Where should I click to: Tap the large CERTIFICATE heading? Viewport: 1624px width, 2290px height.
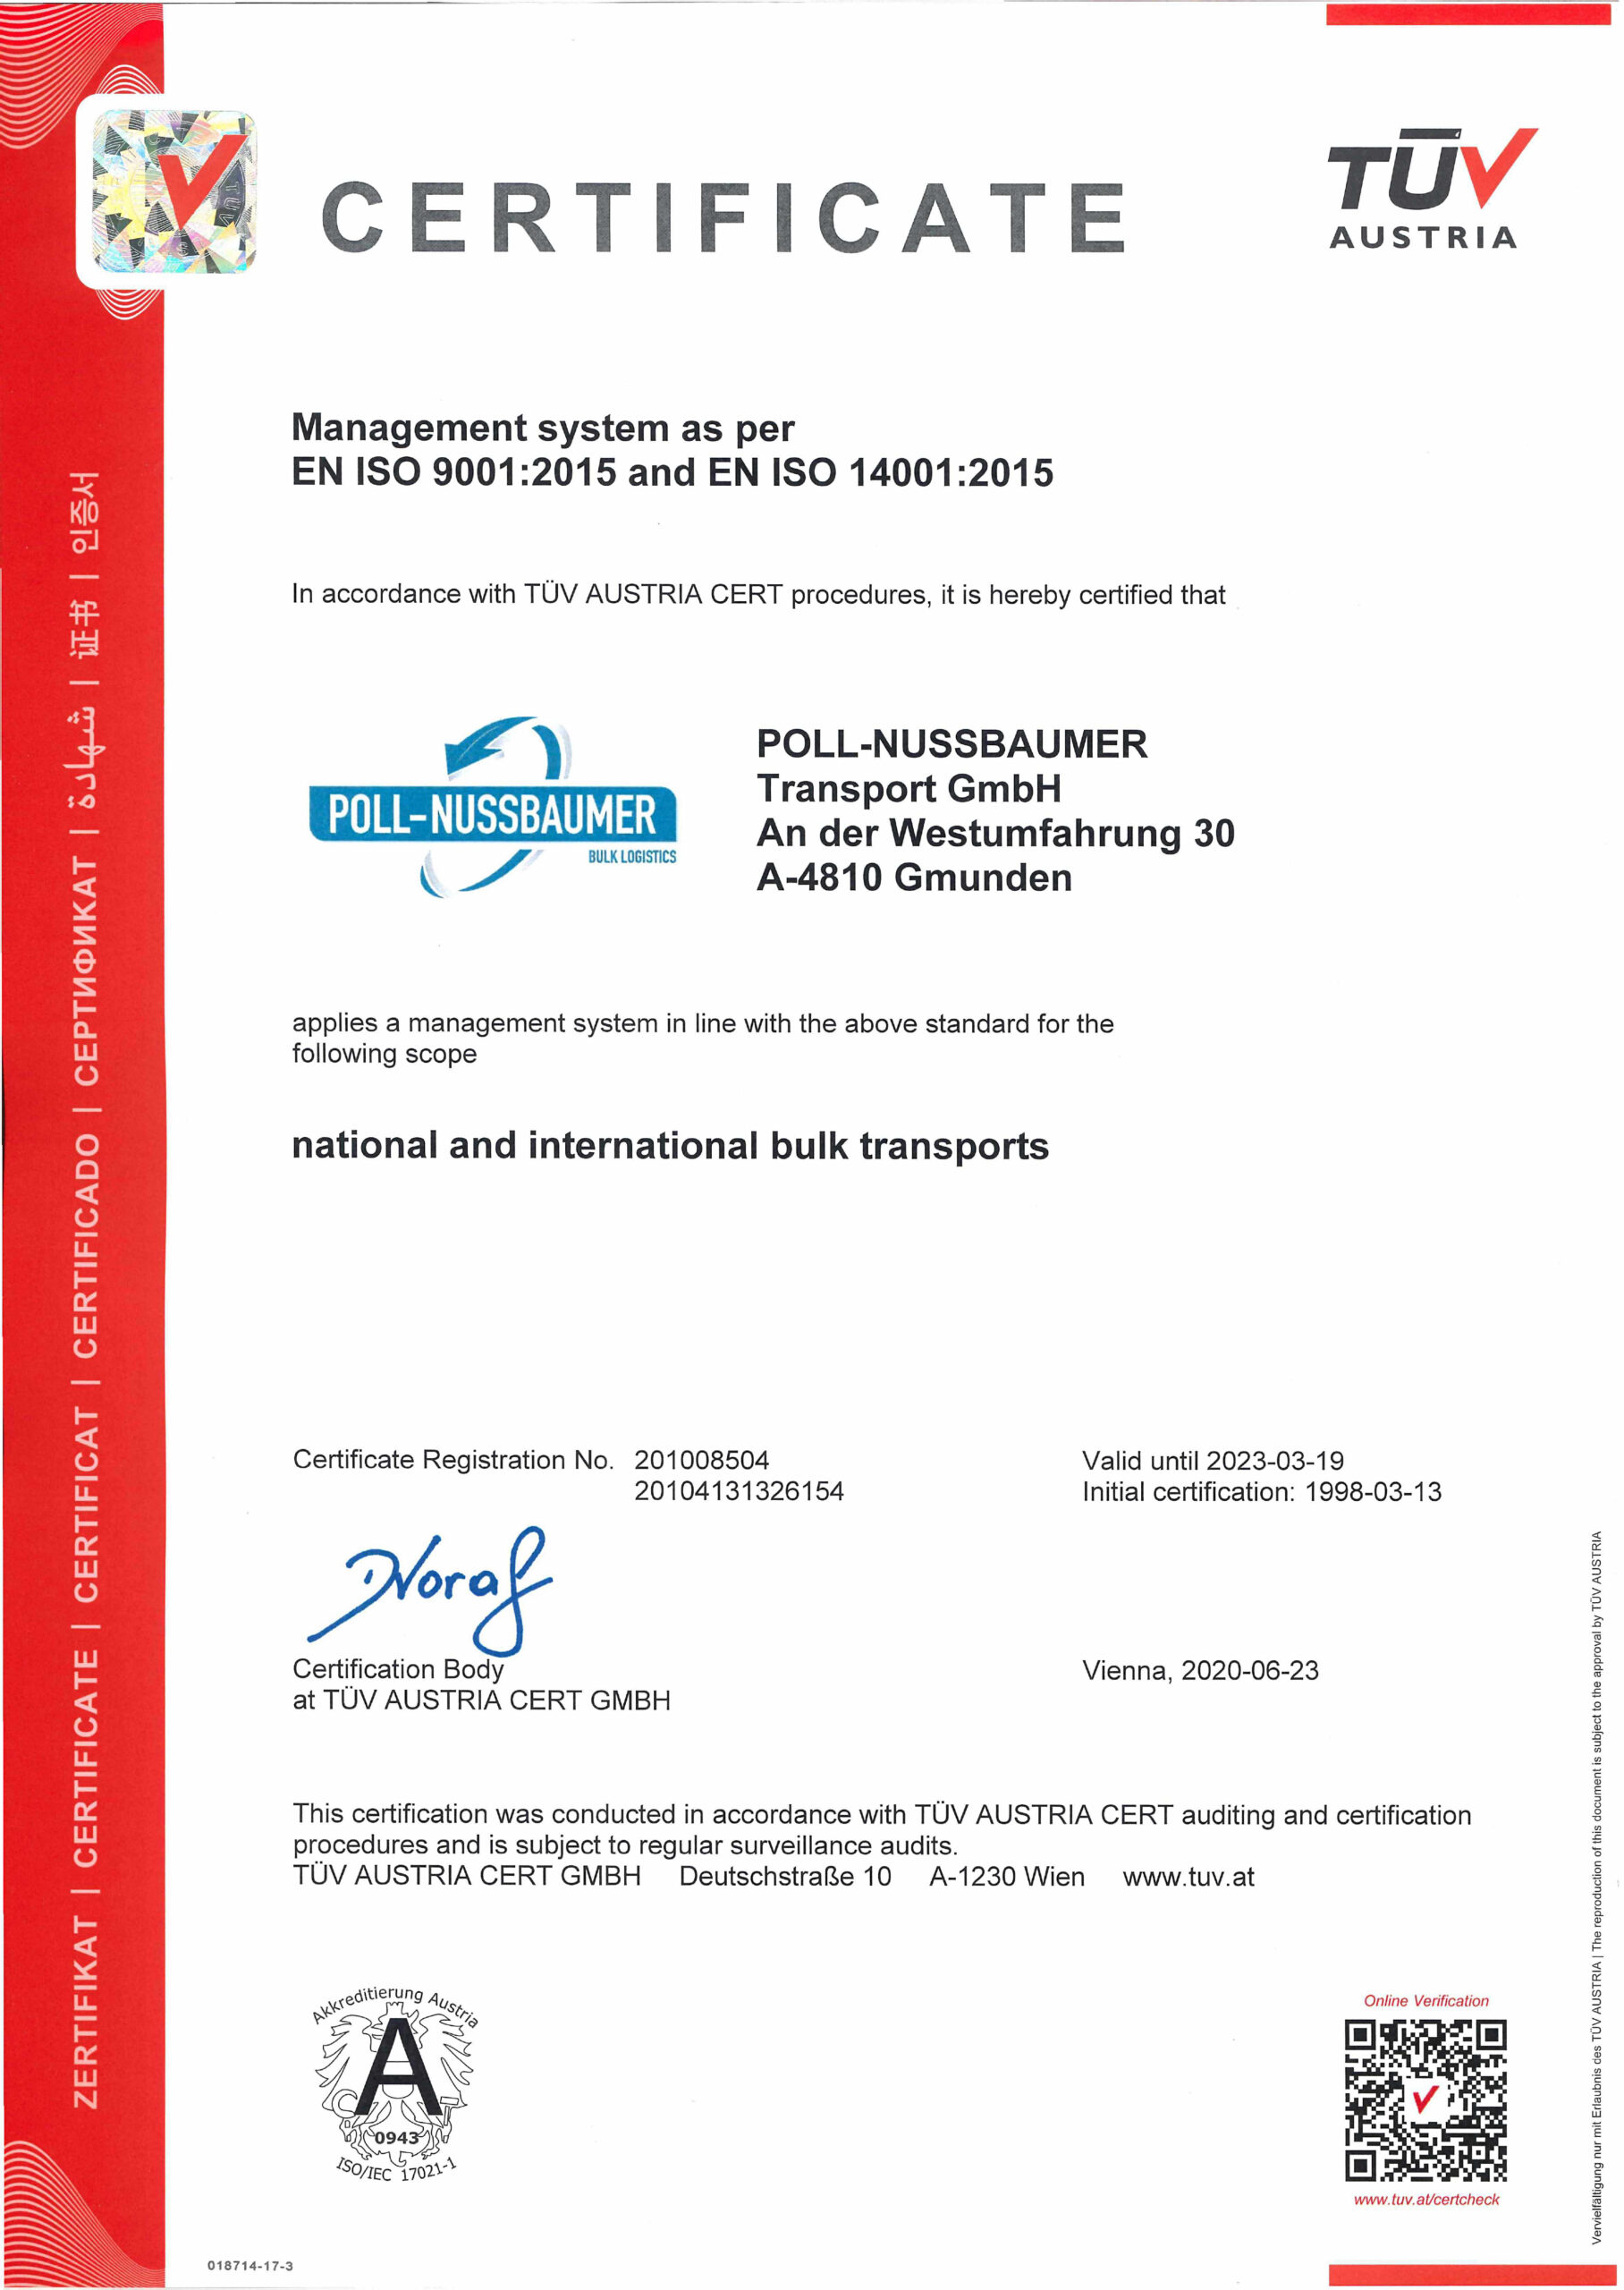click(724, 217)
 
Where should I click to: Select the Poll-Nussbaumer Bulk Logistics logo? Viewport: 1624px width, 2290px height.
click(493, 808)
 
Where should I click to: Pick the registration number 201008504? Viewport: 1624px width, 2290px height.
click(701, 1460)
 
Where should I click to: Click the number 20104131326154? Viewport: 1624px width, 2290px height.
click(739, 1491)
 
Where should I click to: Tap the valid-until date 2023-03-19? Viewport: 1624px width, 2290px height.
click(1275, 1461)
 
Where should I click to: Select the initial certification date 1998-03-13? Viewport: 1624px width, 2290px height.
click(1373, 1492)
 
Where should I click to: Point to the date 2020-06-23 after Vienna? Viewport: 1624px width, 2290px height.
click(1250, 1670)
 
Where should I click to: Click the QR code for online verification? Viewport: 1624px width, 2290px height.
click(1425, 2100)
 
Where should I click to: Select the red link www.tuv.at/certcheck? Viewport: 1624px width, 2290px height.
click(1426, 2199)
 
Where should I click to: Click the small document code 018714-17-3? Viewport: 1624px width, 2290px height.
click(250, 2266)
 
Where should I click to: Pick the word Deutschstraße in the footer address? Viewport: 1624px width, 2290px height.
click(766, 1877)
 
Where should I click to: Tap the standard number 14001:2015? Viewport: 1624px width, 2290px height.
click(951, 473)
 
